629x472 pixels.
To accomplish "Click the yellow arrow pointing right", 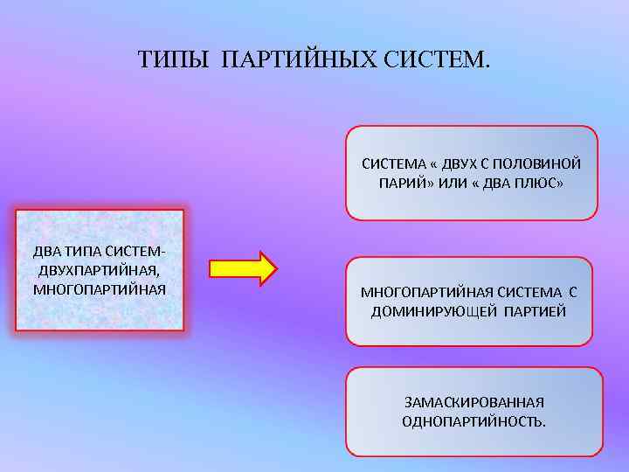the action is [244, 268].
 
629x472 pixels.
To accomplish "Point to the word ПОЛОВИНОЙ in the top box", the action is [543, 163].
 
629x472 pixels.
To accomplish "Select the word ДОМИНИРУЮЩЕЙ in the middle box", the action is [434, 311].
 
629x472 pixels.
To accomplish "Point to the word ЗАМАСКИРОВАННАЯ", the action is [473, 402].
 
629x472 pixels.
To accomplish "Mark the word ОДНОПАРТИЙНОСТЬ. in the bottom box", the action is [473, 422].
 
